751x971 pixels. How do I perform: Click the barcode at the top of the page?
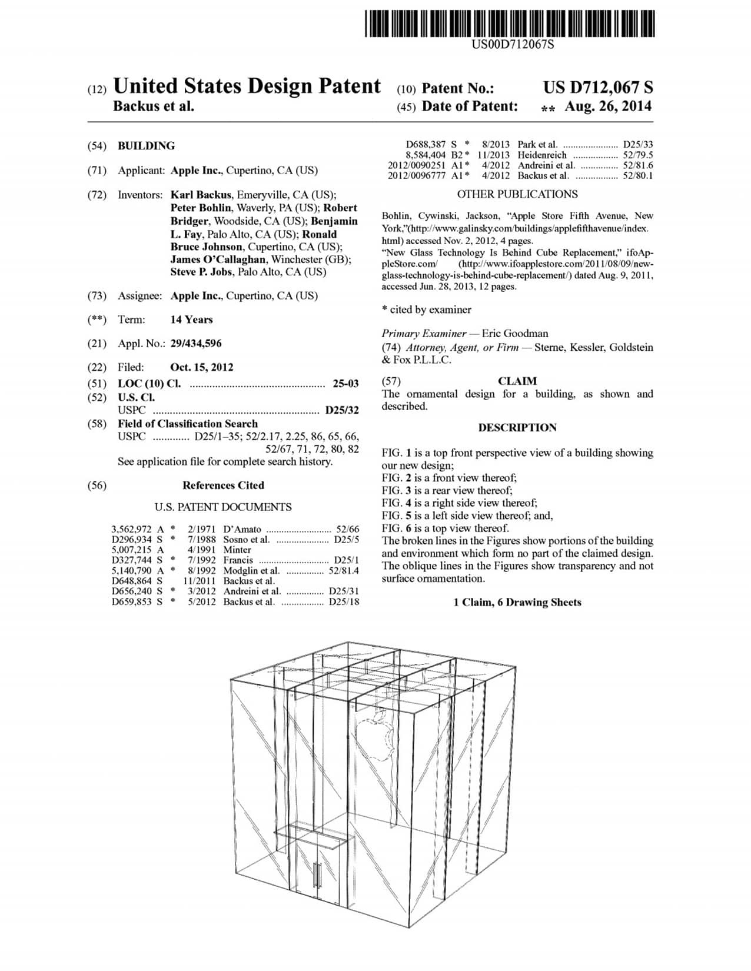(x=509, y=23)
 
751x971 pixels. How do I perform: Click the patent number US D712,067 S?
(x=598, y=88)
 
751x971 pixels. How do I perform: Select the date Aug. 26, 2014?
(x=608, y=107)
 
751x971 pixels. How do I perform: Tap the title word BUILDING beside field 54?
(x=146, y=146)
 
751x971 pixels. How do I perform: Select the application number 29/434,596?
(x=195, y=343)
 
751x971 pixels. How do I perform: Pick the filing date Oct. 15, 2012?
(x=201, y=367)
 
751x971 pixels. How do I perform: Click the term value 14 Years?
(x=191, y=320)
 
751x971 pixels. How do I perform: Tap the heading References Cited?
(x=223, y=485)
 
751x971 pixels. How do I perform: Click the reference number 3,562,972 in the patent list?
(x=131, y=529)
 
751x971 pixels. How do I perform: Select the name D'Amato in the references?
(x=242, y=529)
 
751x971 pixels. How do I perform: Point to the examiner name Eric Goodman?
(x=514, y=333)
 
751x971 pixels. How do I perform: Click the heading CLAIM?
(x=517, y=381)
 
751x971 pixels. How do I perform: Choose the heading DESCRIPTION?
(x=517, y=428)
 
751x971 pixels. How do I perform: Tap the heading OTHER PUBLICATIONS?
(x=517, y=194)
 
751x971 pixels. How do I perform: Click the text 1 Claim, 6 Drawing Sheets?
(x=517, y=602)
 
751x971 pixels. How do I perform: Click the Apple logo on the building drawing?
(x=374, y=733)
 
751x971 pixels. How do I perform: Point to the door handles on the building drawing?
(x=316, y=876)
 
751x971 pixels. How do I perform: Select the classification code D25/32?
(x=342, y=410)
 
